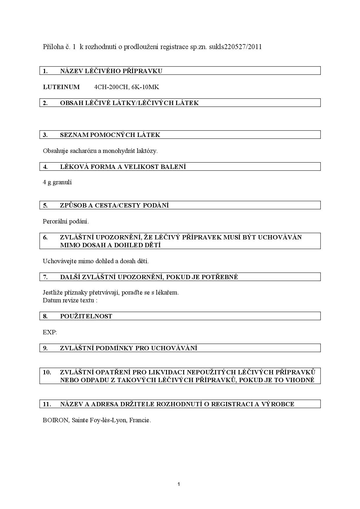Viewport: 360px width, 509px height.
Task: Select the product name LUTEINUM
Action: point(61,87)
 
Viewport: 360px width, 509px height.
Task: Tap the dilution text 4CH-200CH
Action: point(110,87)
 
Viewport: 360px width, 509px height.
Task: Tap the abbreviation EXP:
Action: point(50,332)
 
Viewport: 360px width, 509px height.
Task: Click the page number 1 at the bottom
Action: point(179,484)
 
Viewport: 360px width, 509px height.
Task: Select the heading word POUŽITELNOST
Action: point(86,316)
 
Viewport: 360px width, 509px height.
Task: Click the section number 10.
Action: point(47,372)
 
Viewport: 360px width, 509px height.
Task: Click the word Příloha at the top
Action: point(53,47)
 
